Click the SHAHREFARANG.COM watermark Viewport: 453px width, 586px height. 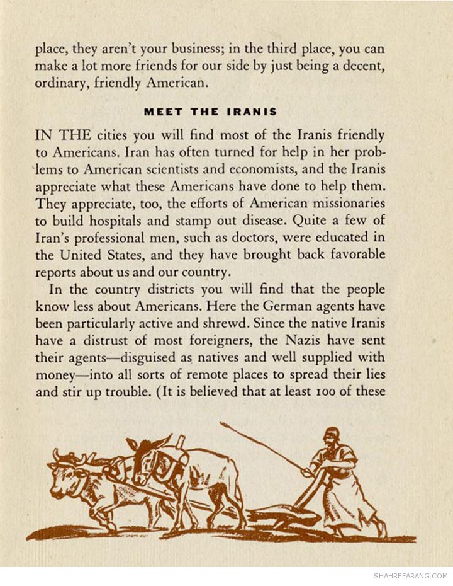[410, 576]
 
